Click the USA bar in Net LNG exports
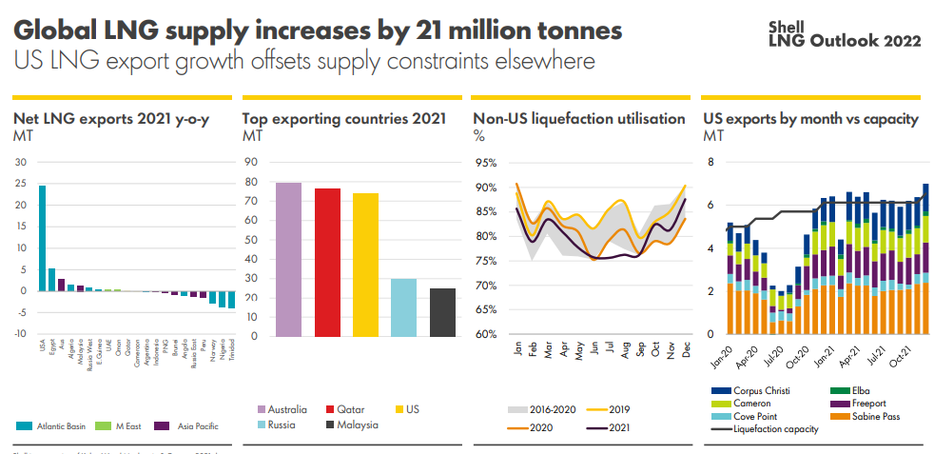click(x=42, y=238)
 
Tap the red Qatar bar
click(x=327, y=262)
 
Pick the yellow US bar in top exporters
click(x=365, y=265)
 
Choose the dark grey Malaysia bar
click(x=442, y=311)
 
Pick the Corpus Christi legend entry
click(x=756, y=389)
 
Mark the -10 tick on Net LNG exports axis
click(x=20, y=334)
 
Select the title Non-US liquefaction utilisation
click(x=578, y=119)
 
